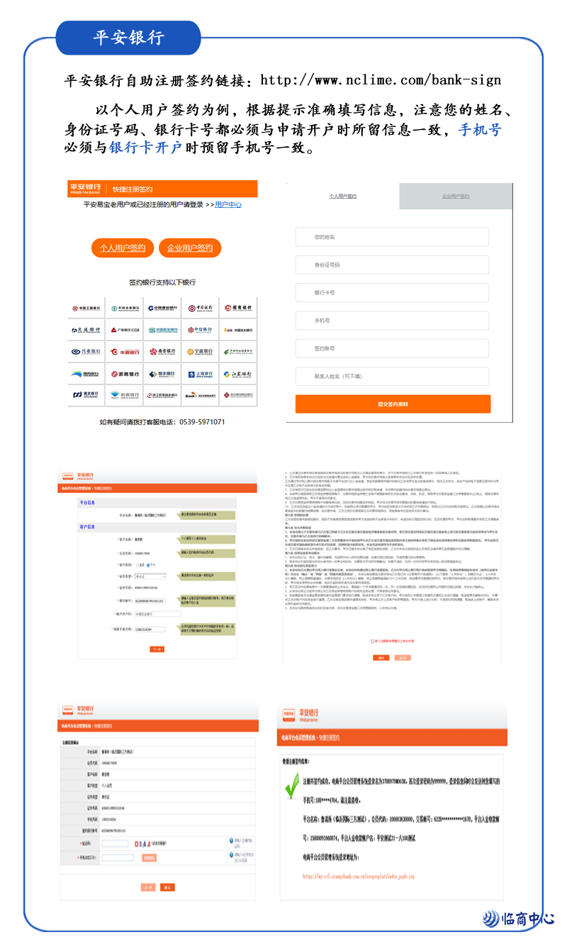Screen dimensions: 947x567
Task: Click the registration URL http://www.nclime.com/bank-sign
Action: point(381,80)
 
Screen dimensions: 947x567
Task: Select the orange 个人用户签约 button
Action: point(123,248)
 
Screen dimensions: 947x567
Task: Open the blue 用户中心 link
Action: point(228,204)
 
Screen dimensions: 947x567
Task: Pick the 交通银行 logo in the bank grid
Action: point(86,330)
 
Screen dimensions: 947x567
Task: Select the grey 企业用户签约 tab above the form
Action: point(455,196)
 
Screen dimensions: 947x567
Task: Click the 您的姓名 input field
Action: point(392,237)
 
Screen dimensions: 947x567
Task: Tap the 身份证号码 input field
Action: point(392,265)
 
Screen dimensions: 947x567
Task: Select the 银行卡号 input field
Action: point(392,292)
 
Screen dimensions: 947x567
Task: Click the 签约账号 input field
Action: point(392,348)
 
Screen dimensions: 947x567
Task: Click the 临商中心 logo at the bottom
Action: point(519,919)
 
